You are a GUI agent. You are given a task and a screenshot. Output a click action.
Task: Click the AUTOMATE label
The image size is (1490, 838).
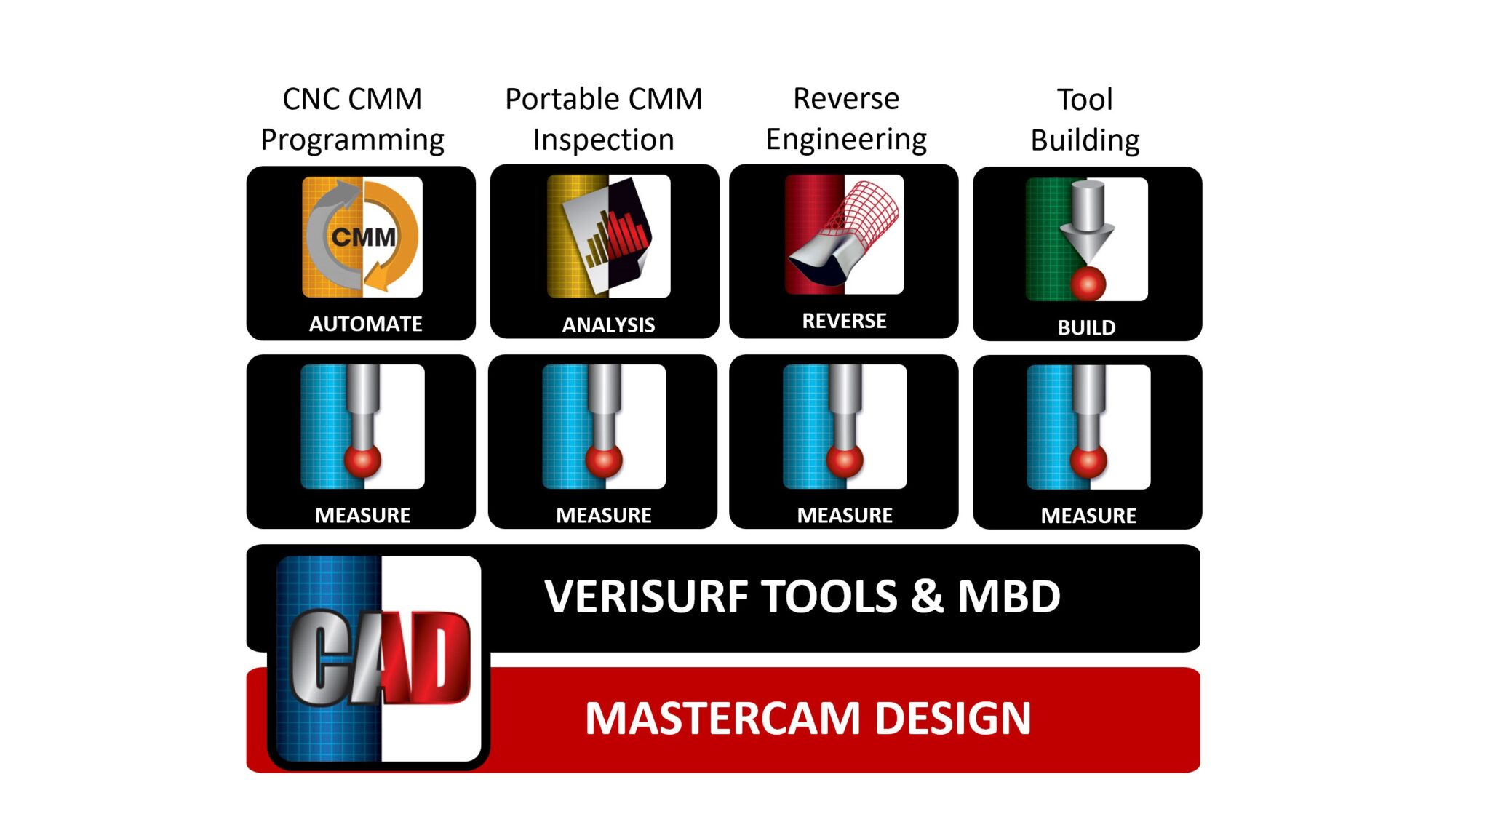[365, 324]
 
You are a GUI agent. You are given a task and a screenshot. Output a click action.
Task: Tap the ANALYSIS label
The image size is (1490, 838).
[608, 324]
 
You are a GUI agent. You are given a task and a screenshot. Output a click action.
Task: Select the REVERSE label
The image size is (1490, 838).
[844, 321]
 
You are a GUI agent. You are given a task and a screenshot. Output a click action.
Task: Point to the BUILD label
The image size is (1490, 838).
[1086, 327]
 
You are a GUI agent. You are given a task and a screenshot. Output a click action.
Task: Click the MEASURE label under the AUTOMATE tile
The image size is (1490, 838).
[362, 515]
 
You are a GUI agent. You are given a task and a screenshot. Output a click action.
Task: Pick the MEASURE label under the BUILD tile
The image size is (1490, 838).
[1088, 516]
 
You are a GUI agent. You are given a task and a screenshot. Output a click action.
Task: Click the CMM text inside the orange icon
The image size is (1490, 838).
[364, 237]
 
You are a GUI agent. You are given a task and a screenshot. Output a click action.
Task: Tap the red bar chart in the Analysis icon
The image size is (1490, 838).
[624, 233]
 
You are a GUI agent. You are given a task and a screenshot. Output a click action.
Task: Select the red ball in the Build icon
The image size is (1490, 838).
[1088, 283]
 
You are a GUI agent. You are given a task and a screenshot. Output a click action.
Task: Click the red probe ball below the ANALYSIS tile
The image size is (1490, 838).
[603, 460]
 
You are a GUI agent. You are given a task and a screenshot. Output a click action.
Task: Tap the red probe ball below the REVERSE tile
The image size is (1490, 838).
[845, 460]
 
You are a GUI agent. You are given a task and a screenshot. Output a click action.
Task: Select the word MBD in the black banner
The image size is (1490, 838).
[1008, 597]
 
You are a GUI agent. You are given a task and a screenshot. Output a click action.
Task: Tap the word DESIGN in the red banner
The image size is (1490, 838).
[952, 719]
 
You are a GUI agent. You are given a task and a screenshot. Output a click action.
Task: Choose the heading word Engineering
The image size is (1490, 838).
[846, 139]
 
